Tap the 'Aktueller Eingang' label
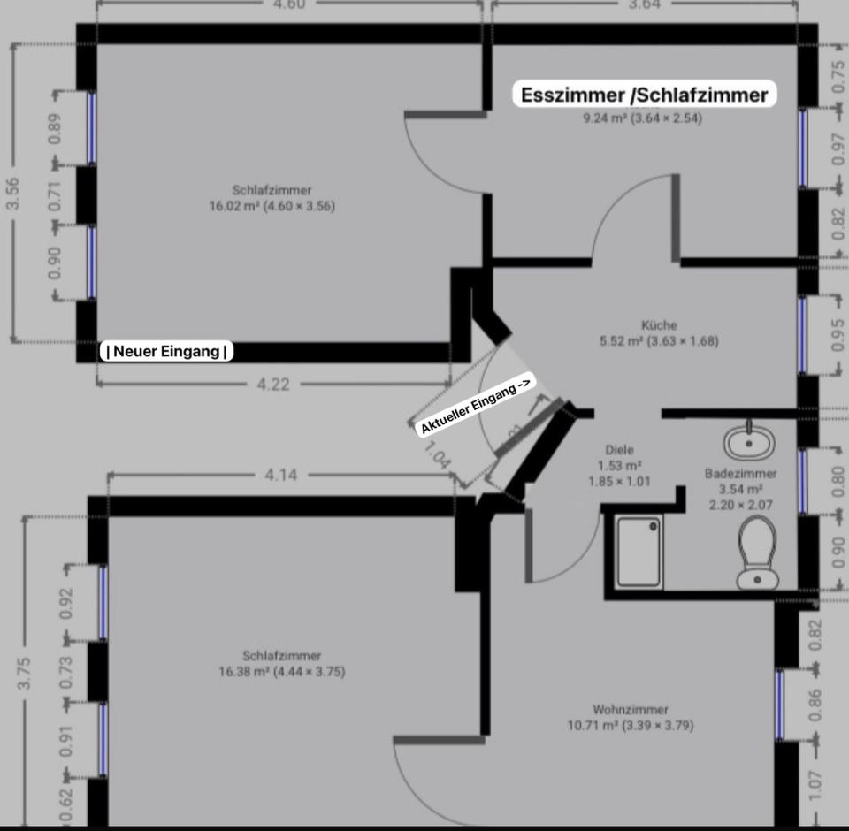point(477,405)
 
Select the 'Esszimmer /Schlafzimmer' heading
point(644,95)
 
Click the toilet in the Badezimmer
point(757,553)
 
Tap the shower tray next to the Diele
point(639,552)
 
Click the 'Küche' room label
point(659,325)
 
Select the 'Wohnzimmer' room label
point(630,709)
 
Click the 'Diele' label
point(619,450)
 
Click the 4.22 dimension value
point(273,384)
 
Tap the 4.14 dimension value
point(280,475)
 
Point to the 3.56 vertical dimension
point(13,194)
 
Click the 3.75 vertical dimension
point(25,672)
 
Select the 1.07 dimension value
point(815,781)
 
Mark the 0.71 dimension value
point(55,194)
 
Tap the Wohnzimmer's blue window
point(779,705)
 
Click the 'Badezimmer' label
point(740,474)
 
